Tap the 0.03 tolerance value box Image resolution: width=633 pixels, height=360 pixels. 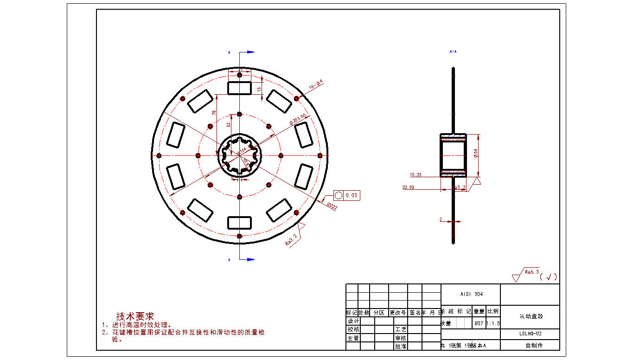(x=352, y=196)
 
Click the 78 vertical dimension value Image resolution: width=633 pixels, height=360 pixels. (x=214, y=113)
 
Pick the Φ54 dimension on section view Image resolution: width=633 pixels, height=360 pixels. (x=476, y=153)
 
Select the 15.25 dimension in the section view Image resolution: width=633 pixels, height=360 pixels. (x=416, y=175)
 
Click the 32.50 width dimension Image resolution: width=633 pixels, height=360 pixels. (x=408, y=187)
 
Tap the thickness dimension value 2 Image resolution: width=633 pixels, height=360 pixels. (x=441, y=219)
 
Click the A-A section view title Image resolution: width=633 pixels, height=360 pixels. (x=453, y=51)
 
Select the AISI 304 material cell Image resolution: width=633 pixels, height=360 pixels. (x=471, y=294)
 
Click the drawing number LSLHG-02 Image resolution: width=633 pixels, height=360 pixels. (x=530, y=334)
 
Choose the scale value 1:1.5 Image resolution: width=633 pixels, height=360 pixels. (x=493, y=323)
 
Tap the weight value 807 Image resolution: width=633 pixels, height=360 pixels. (x=479, y=323)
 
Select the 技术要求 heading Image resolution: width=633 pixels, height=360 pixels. (x=135, y=316)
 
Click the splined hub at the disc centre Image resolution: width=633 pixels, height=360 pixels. (x=240, y=155)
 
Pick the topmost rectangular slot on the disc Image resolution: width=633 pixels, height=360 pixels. (x=239, y=88)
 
